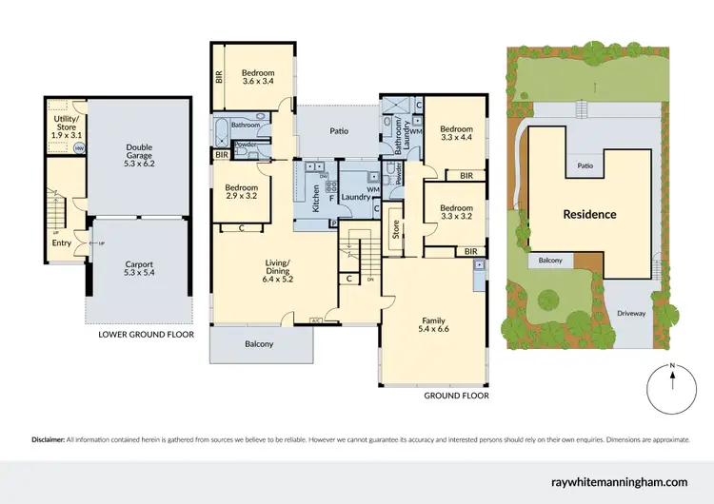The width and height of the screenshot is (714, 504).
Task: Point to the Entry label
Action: pos(61,242)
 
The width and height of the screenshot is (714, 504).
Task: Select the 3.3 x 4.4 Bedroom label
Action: pos(457,131)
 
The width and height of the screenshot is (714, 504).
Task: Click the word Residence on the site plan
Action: pos(589,214)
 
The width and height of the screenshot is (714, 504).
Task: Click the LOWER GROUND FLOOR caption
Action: pos(146,335)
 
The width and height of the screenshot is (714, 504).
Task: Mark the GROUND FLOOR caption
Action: pos(455,394)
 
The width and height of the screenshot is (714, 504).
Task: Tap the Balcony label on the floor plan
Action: pos(259,344)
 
